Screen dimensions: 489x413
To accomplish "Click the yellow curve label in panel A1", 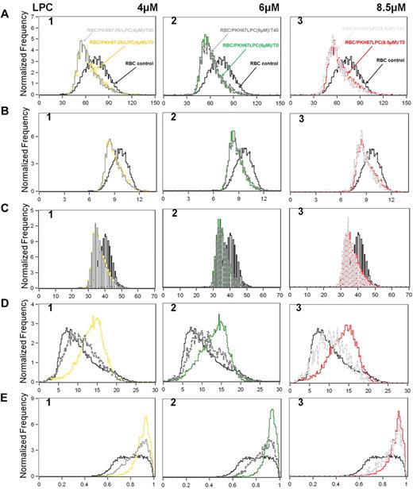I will (x=111, y=40).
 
